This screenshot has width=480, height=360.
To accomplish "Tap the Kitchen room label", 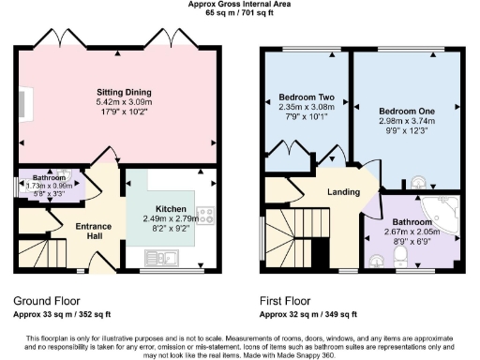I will (171, 208).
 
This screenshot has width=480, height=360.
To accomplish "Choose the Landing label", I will (343, 192).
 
